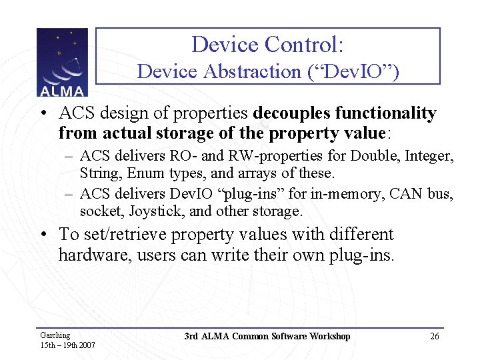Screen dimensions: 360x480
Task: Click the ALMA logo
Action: coord(61,63)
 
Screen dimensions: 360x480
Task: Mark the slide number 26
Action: coord(435,337)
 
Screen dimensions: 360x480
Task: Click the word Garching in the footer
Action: coord(55,335)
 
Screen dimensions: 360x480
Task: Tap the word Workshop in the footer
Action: coord(328,336)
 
